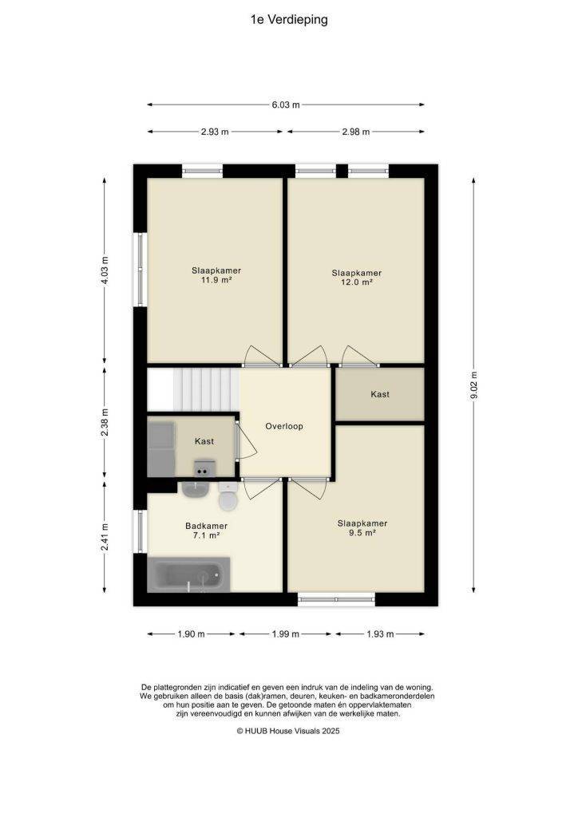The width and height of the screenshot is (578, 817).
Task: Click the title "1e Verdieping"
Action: (289, 20)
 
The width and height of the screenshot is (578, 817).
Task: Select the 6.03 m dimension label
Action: (286, 105)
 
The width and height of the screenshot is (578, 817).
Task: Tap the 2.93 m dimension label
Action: (215, 132)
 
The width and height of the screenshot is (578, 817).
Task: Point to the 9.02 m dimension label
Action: (473, 385)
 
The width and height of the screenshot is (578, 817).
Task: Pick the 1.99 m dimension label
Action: (285, 634)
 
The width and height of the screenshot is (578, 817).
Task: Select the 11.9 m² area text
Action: (216, 280)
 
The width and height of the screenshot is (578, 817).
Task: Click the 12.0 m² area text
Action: (357, 282)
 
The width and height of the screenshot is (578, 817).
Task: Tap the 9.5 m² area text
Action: (362, 533)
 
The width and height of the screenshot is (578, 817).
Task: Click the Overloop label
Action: (284, 426)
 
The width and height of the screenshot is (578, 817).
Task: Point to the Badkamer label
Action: (207, 526)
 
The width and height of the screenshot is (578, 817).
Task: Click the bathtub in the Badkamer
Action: (188, 574)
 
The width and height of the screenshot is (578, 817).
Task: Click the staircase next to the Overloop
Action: (193, 389)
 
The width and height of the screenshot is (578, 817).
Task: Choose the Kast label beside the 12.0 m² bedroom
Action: (380, 394)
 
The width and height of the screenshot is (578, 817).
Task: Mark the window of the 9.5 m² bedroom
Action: (336, 599)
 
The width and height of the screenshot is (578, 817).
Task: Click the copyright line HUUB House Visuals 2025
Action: (288, 731)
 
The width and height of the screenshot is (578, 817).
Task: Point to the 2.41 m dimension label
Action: (105, 537)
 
